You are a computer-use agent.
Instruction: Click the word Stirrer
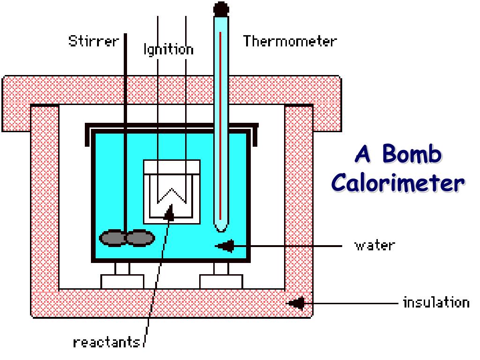point(94,41)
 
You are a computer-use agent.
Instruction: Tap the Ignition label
point(169,50)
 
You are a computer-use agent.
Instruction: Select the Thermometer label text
point(290,41)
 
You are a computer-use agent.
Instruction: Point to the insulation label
point(436,302)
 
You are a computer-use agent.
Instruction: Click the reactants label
point(106,342)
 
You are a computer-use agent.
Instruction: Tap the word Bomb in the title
point(412,154)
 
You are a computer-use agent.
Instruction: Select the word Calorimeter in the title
point(398,183)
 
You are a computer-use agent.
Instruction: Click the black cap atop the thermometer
point(221,9)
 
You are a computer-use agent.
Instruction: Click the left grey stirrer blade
point(112,238)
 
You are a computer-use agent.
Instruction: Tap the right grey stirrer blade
point(140,238)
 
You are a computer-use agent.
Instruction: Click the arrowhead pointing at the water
point(225,246)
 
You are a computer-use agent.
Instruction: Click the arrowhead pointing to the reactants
point(169,212)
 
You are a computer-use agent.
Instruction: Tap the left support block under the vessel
point(122,282)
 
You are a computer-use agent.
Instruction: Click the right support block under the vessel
point(221,282)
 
